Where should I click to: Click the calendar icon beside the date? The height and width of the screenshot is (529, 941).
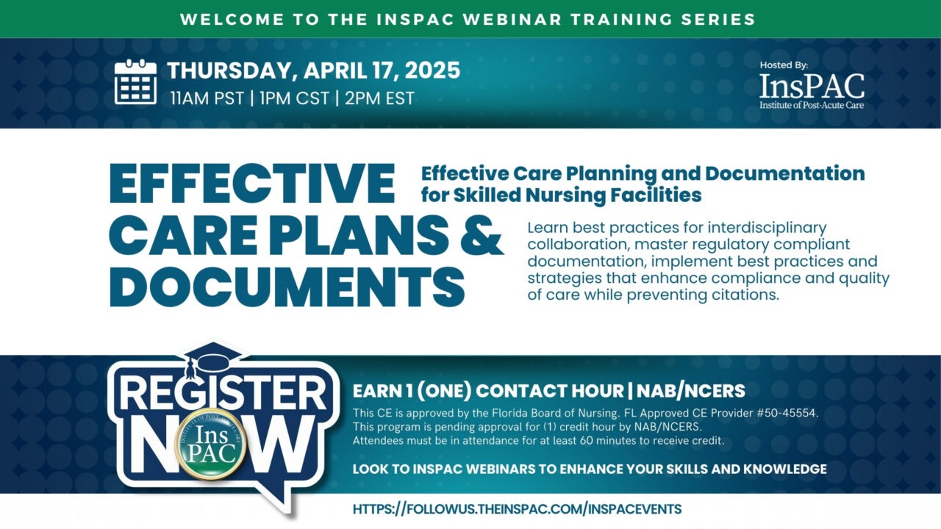pyautogui.click(x=136, y=82)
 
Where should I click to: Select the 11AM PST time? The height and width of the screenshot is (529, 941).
pyautogui.click(x=207, y=98)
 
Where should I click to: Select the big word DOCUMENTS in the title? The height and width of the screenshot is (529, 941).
pyautogui.click(x=287, y=287)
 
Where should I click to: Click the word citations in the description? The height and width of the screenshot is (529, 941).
pyautogui.click(x=740, y=295)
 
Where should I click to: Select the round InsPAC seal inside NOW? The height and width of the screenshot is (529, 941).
pyautogui.click(x=212, y=445)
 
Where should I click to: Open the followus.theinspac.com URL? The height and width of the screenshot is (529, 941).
pyautogui.click(x=517, y=508)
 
